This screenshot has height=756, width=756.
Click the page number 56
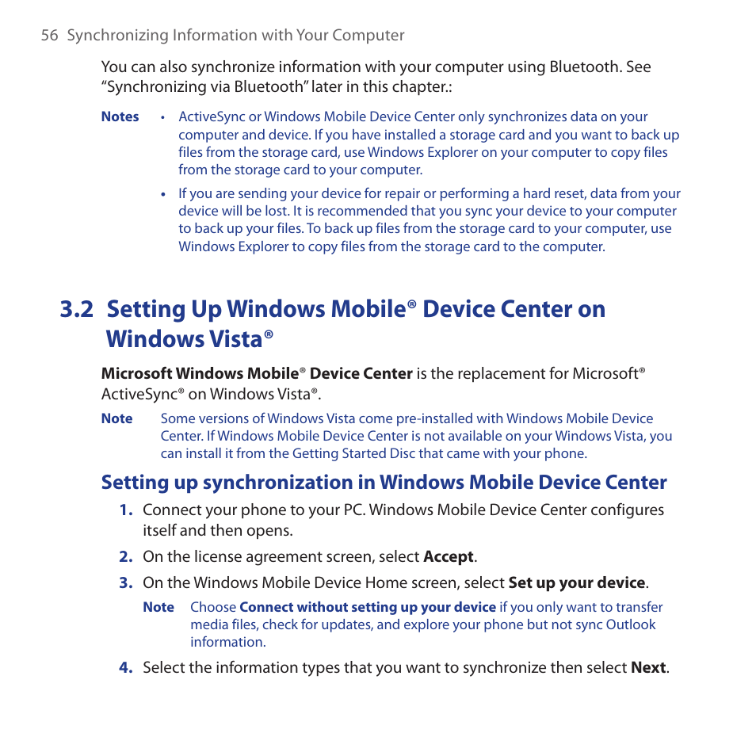[x=49, y=36]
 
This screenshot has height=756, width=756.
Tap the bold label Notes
[x=120, y=117]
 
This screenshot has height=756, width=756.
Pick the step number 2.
[x=125, y=557]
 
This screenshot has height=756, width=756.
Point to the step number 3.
[x=125, y=583]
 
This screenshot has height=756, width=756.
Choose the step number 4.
[x=125, y=668]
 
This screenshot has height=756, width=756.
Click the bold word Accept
[x=449, y=557]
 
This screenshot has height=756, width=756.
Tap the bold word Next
[x=648, y=668]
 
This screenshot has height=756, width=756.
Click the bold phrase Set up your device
[x=576, y=583]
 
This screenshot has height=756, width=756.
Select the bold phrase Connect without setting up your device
[x=368, y=608]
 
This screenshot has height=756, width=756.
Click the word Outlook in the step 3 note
[x=631, y=625]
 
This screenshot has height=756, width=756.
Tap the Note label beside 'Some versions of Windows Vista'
[x=117, y=419]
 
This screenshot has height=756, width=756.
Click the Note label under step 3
[x=158, y=608]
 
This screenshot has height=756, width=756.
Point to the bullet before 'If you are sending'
[x=162, y=194]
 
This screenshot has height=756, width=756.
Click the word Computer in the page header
[x=369, y=36]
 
